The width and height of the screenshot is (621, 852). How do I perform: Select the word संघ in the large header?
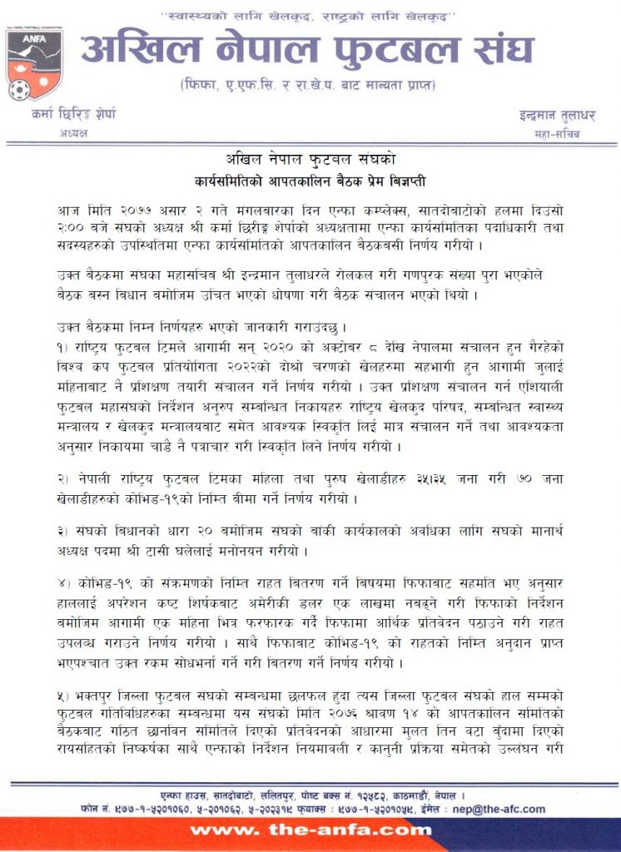pos(524,50)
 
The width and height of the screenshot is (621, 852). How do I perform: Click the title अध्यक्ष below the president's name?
pos(75,132)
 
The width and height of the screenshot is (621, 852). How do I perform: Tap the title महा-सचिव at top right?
pos(556,133)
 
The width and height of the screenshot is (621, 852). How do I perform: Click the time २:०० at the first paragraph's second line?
pos(72,227)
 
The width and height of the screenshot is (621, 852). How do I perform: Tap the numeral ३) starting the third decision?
pos(67,532)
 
